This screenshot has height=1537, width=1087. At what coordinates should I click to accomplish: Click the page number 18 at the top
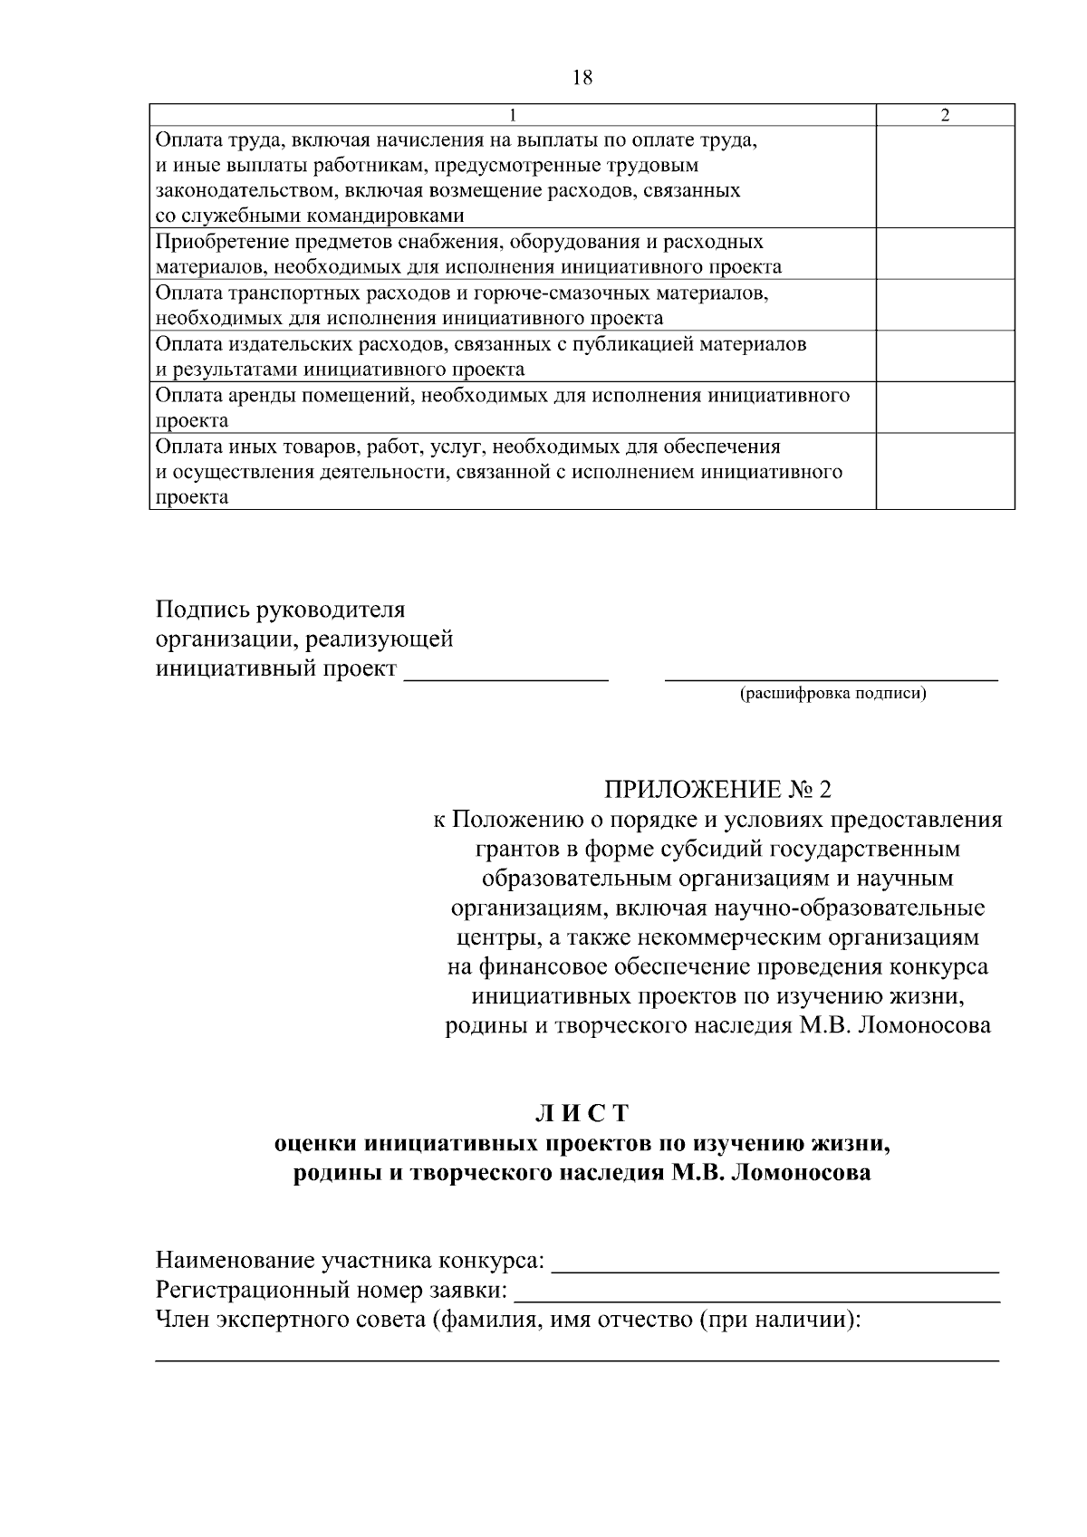[582, 78]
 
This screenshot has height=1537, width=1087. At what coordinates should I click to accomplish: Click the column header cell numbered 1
[513, 115]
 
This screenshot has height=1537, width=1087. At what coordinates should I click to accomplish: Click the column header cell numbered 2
[945, 115]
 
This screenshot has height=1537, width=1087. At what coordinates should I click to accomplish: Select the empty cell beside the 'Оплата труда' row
[945, 177]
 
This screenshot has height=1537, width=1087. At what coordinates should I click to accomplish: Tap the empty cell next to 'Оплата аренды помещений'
[945, 408]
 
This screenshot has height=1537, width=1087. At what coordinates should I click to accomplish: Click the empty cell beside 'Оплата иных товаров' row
[945, 471]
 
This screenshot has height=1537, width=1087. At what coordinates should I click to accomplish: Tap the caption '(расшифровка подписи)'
[832, 694]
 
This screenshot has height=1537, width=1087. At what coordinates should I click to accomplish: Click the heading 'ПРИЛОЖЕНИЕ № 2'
[717, 789]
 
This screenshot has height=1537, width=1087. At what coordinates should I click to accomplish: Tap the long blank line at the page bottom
[577, 1358]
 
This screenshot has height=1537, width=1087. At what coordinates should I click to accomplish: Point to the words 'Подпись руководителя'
[281, 609]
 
